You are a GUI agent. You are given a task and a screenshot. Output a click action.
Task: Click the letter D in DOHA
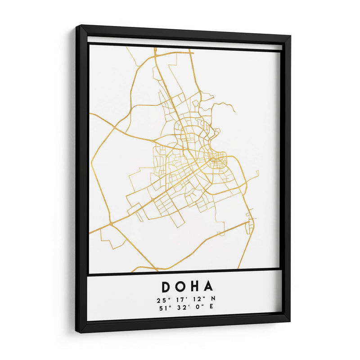click(x=165, y=287)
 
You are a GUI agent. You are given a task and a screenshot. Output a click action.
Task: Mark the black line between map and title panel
click(x=184, y=271)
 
